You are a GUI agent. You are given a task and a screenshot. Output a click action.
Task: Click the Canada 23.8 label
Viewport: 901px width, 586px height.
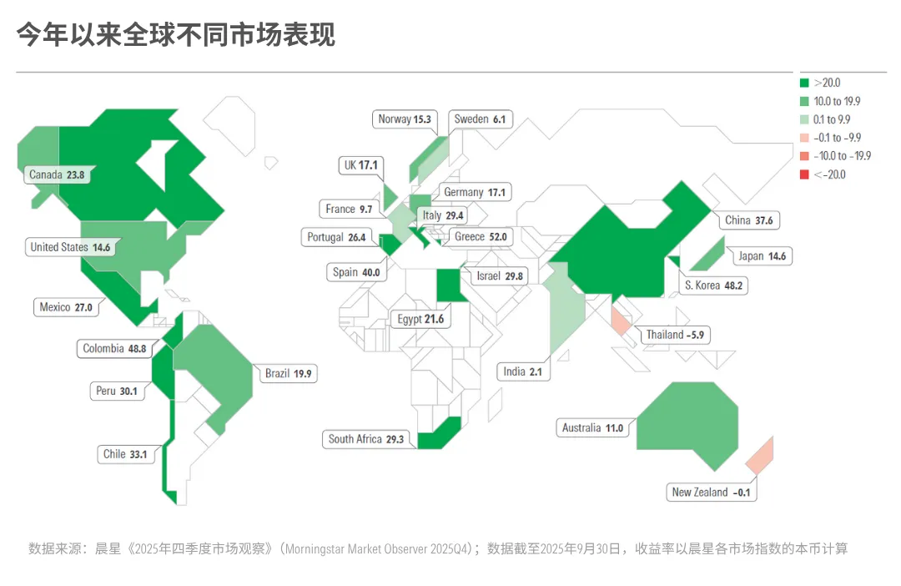tap(57, 175)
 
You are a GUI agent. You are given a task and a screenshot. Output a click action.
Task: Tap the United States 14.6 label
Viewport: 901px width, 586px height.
tap(70, 247)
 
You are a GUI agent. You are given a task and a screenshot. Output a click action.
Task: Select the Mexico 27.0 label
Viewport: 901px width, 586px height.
tap(66, 307)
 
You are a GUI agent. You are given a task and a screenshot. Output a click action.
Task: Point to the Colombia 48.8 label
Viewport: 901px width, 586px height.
tap(114, 349)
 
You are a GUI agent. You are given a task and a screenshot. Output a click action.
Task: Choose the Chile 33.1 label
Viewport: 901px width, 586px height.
tap(125, 455)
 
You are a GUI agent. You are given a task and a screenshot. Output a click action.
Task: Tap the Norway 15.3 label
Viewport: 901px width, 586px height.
tap(405, 119)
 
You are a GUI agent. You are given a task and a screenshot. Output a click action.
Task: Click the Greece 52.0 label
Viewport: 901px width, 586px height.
tap(481, 237)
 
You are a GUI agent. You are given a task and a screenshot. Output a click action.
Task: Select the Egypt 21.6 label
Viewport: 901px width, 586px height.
tap(421, 320)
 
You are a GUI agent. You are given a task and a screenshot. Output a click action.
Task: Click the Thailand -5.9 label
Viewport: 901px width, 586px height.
tap(677, 336)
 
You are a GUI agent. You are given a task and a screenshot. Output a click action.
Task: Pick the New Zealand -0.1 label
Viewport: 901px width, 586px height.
tap(711, 493)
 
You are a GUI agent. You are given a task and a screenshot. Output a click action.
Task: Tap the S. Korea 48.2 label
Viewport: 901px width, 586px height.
tap(713, 285)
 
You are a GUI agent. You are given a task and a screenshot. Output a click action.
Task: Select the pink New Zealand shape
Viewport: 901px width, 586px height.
tap(759, 455)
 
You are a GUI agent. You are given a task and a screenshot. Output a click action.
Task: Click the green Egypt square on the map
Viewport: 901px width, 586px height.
tap(449, 286)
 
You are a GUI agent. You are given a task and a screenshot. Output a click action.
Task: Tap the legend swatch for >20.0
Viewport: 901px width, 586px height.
tap(804, 83)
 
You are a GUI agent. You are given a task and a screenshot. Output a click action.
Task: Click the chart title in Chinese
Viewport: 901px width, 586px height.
tap(176, 36)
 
